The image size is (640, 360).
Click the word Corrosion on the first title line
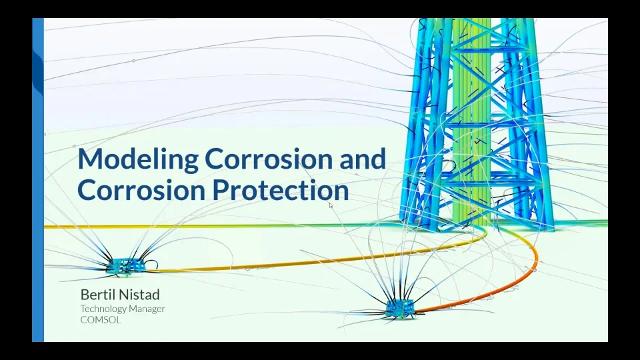tap(257, 160)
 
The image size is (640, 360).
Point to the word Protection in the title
tap(281, 191)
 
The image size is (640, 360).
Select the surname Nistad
tap(141, 294)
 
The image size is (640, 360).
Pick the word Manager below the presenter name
tap(149, 309)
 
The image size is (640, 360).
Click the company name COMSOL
tap(101, 320)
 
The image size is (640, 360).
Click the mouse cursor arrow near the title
tap(331, 205)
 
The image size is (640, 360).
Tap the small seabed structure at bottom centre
tap(400, 307)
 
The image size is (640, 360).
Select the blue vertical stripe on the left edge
tap(38, 180)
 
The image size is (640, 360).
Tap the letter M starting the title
tap(89, 160)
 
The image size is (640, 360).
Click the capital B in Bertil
tap(85, 294)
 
